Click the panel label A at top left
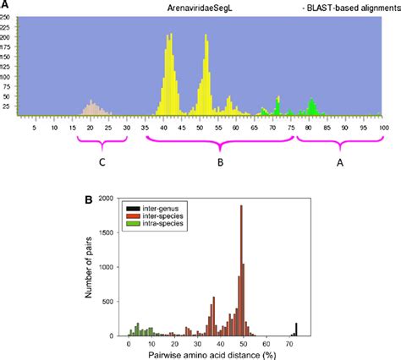pos(5,5)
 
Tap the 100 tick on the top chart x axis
pos(384,128)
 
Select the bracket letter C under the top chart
pos(102,161)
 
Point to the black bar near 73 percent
pos(296,329)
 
